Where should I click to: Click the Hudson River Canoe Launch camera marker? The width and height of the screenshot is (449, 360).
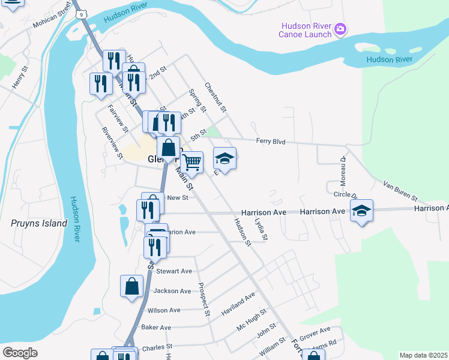340,29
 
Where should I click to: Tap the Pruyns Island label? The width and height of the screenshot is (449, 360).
39,223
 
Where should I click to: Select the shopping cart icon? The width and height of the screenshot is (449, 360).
191,161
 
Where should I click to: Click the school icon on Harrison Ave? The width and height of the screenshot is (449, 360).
361,211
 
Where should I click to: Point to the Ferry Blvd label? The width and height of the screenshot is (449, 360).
270,142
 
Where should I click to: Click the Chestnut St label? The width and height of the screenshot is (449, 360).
215,98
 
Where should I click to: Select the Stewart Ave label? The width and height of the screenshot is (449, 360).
173,271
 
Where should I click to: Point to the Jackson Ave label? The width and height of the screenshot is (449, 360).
172,291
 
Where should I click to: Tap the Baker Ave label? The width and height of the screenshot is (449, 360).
156,328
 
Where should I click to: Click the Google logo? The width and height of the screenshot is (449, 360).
20,353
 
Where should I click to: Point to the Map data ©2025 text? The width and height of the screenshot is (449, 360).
423,355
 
